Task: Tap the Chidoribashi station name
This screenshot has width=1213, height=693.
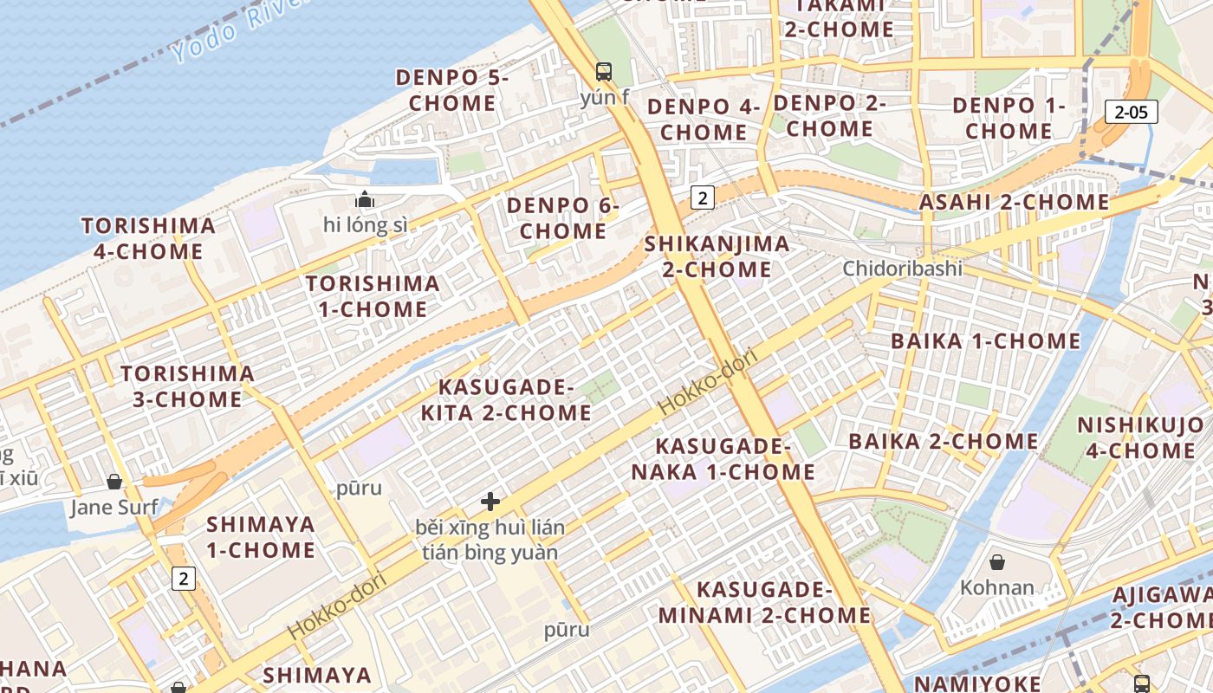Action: tap(903, 269)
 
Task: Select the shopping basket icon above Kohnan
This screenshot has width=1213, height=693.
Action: tap(997, 562)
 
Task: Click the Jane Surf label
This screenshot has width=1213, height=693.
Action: tap(114, 507)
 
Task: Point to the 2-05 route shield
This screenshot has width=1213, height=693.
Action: tap(1131, 111)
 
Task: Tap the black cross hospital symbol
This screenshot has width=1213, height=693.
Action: tap(490, 502)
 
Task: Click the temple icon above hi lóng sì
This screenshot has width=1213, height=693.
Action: tap(365, 200)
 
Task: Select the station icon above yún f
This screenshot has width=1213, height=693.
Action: tap(604, 72)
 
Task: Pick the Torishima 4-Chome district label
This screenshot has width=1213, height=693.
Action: tap(148, 239)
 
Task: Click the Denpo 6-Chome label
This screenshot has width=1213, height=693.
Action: tap(563, 218)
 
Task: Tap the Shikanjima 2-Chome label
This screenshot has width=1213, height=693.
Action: tap(717, 256)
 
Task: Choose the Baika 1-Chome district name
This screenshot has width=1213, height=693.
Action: tap(986, 340)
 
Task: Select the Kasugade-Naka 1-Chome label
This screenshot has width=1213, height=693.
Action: tap(723, 459)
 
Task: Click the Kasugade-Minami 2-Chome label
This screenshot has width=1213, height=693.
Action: tap(764, 602)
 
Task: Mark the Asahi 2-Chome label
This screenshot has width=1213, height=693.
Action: tap(1014, 203)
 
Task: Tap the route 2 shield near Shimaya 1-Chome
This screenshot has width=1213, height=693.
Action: tap(183, 578)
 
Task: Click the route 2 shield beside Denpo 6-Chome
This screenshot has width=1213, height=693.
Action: tap(702, 198)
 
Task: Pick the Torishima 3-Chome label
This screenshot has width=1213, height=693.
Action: tap(187, 386)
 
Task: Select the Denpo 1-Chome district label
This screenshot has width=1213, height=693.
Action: tap(1009, 118)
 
